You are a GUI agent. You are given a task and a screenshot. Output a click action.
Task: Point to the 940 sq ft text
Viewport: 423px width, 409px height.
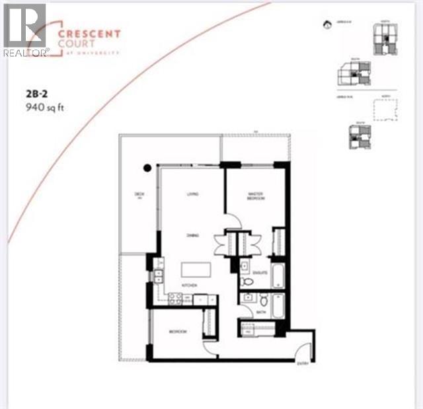42,106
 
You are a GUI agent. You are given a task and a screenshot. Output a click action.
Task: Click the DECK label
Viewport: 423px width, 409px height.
139,194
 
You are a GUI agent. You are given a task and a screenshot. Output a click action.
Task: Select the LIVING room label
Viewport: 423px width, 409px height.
192,194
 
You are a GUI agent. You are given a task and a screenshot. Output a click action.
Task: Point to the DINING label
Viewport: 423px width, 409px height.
192,234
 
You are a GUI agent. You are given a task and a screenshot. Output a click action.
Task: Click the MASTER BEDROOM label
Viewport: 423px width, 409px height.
256,196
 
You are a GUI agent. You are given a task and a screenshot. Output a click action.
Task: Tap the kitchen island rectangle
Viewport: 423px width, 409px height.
197,270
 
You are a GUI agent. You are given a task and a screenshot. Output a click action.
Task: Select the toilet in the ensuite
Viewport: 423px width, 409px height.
247,281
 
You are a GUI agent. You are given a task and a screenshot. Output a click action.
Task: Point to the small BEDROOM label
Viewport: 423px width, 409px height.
176,332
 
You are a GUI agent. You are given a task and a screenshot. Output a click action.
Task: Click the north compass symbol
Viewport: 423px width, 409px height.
326,26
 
